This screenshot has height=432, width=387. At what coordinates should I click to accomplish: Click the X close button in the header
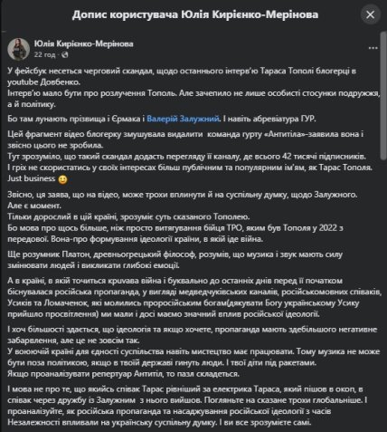point(370,16)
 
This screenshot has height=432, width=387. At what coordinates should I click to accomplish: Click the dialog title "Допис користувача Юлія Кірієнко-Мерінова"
point(193,16)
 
